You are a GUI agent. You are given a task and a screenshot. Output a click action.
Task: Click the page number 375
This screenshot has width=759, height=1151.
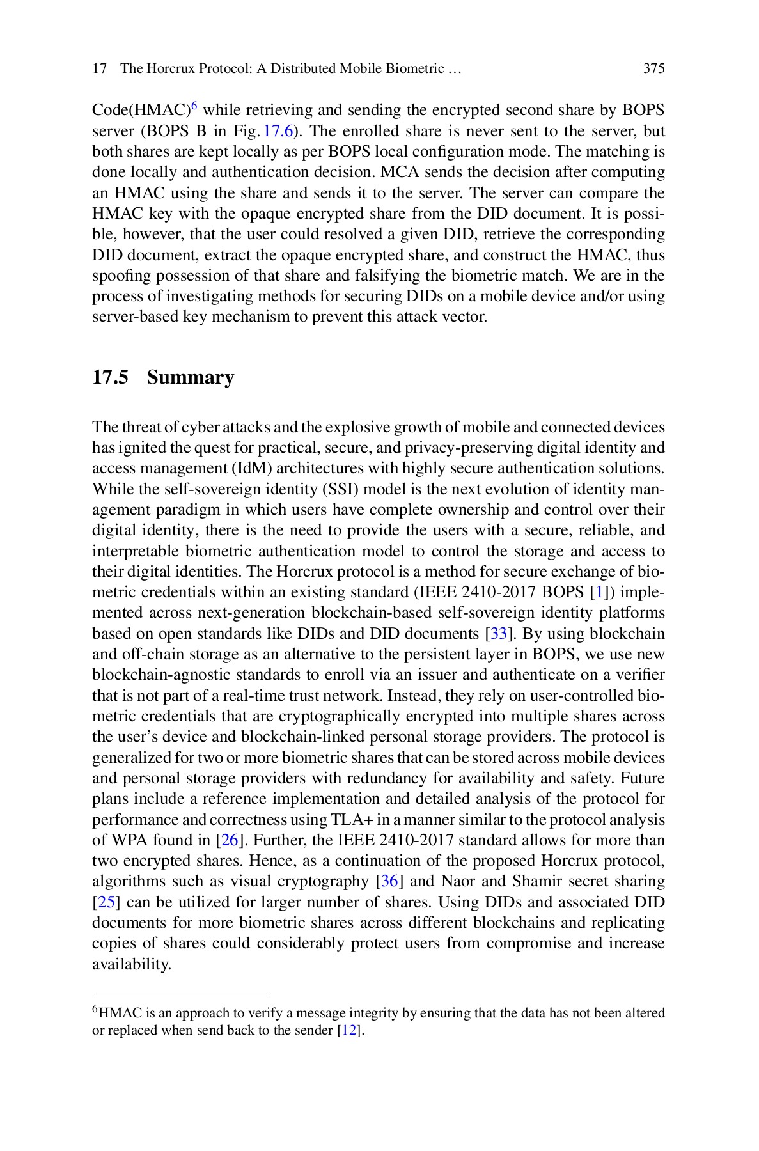pyautogui.click(x=653, y=68)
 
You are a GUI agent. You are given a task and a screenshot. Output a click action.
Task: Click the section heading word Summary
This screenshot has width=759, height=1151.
pyautogui.click(x=191, y=377)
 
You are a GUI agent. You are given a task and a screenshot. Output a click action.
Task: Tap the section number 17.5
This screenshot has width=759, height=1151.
pyautogui.click(x=111, y=377)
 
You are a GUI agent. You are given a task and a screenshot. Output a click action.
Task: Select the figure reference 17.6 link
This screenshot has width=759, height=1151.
pyautogui.click(x=278, y=131)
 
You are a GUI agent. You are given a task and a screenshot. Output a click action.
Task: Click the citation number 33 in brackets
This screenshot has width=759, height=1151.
pyautogui.click(x=498, y=634)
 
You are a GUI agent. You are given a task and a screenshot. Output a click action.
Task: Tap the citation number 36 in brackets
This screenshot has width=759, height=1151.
pyautogui.click(x=389, y=882)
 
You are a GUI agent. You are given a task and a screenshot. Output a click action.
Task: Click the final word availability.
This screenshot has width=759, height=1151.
pyautogui.click(x=131, y=964)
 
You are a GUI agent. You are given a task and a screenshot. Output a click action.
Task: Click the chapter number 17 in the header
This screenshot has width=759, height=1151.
pyautogui.click(x=99, y=68)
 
